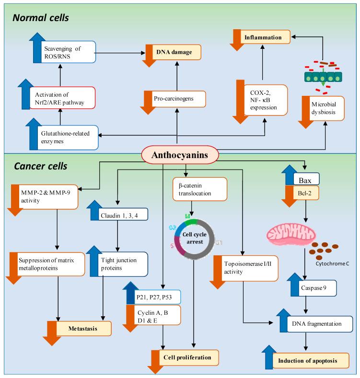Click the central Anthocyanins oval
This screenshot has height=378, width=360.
pyautogui.click(x=179, y=155)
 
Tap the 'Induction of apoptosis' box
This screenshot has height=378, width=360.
pyautogui.click(x=314, y=359)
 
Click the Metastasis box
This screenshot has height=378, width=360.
pyautogui.click(x=83, y=329)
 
